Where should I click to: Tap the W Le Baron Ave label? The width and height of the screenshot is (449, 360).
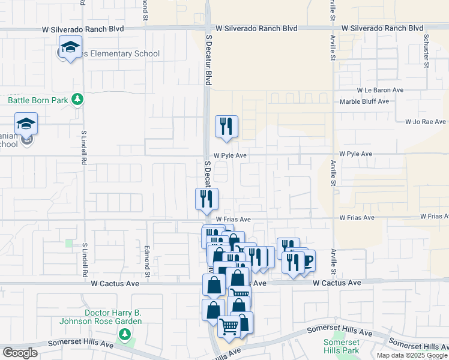380,90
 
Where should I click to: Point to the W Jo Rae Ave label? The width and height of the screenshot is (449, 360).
426,121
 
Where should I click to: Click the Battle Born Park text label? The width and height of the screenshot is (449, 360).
38,101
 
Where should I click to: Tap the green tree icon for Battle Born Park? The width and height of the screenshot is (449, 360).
77,99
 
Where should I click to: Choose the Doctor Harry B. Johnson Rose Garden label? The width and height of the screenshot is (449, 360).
100,317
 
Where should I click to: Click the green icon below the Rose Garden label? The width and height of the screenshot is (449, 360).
125,334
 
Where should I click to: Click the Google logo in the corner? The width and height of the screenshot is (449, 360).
20,353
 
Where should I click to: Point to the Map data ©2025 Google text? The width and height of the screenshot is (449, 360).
412,355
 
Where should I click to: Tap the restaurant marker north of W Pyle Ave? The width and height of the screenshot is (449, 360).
226,127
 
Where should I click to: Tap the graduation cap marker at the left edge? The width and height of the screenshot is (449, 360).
26,124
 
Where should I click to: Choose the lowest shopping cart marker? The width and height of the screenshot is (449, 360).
229,327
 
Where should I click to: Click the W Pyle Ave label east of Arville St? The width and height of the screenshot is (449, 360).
356,154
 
